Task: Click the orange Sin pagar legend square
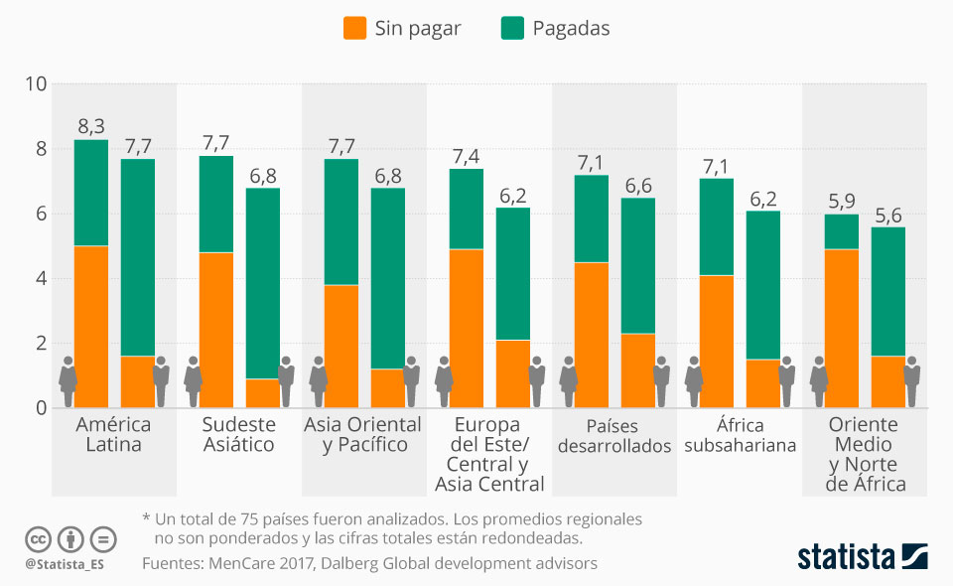(x=354, y=28)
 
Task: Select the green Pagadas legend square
(x=512, y=28)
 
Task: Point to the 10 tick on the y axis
(x=37, y=84)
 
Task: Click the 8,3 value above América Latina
(x=91, y=126)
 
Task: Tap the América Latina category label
(x=113, y=434)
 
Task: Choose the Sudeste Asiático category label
(x=238, y=434)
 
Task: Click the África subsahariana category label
(x=740, y=434)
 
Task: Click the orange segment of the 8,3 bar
(x=91, y=326)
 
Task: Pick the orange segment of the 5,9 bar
(x=841, y=328)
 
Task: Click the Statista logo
(x=862, y=556)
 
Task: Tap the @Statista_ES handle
(x=65, y=564)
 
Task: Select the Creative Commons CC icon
(x=38, y=539)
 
